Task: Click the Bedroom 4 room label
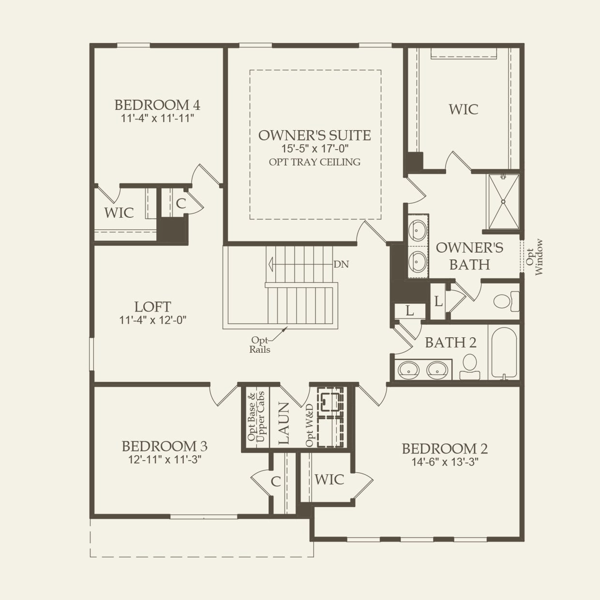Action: click(157, 105)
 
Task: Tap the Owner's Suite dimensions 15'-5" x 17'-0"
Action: click(315, 149)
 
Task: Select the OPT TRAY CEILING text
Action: click(315, 162)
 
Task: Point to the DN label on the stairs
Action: click(341, 265)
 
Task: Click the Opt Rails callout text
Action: click(260, 345)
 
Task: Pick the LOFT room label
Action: click(152, 307)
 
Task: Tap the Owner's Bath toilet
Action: click(506, 301)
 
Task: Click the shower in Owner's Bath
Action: click(504, 201)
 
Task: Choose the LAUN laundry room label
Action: click(283, 423)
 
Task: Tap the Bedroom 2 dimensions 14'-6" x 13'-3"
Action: click(445, 462)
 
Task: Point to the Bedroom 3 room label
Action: click(165, 446)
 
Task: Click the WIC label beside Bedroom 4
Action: click(119, 212)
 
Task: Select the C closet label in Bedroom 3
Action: click(275, 481)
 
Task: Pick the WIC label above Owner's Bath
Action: click(463, 109)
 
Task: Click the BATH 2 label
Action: click(450, 343)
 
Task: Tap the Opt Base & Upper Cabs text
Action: click(256, 417)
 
